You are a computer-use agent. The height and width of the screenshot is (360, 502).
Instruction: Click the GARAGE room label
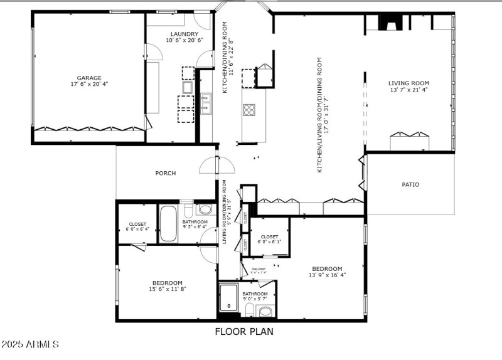tap(89, 77)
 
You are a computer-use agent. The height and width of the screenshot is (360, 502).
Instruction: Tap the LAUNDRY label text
tap(184, 34)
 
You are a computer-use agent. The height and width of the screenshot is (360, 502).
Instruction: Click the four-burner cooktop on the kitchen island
tap(249, 110)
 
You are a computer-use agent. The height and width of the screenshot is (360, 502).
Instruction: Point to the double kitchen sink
tap(206, 102)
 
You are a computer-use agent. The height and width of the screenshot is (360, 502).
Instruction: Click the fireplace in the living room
tap(389, 23)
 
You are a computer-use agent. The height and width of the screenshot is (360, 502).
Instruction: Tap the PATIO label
tap(410, 184)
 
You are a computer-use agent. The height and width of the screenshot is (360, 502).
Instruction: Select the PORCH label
tap(166, 173)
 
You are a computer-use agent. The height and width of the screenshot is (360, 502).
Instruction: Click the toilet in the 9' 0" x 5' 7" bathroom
tap(265, 312)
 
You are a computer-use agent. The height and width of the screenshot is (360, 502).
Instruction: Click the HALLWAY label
tap(259, 268)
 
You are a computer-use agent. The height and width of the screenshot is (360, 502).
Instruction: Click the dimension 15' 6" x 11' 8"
tap(167, 289)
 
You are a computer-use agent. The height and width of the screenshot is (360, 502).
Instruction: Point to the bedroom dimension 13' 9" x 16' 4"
tap(327, 275)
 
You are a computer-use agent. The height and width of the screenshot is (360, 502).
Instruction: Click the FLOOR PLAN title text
tap(244, 332)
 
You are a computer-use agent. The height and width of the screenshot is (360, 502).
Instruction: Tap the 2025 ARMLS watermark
tap(30, 345)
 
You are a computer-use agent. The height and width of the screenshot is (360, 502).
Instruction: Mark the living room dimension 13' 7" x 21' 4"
tap(409, 90)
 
